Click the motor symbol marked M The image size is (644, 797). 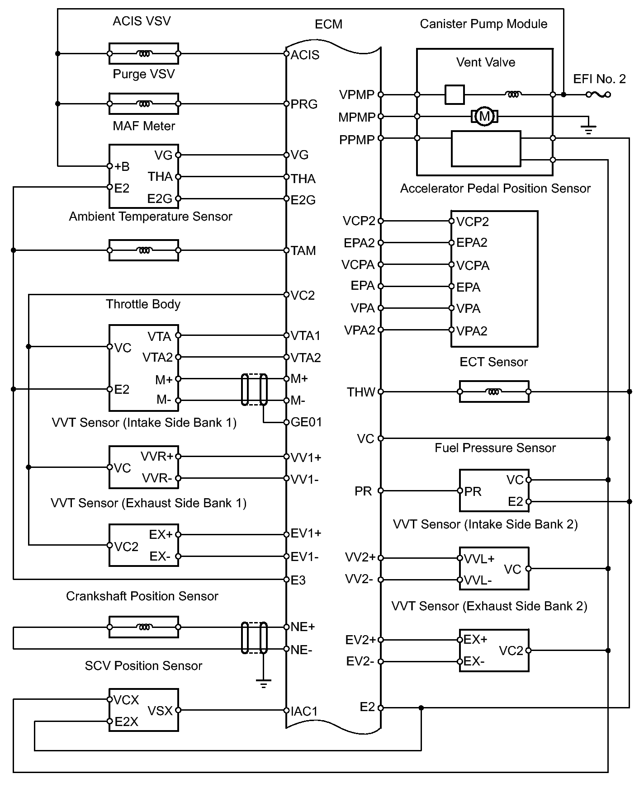(x=484, y=117)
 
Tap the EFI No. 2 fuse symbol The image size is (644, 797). (x=598, y=94)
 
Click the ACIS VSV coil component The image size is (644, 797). (x=144, y=54)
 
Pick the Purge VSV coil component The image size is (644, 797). (x=144, y=104)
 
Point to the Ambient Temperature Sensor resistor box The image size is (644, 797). (x=144, y=250)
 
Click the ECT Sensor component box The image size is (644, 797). (x=494, y=392)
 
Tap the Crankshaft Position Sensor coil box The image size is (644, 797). (x=144, y=627)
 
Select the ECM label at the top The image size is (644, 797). (x=328, y=24)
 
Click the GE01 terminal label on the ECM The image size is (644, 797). (x=306, y=422)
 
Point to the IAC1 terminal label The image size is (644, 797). (x=304, y=711)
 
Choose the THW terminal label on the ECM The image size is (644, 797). (x=361, y=392)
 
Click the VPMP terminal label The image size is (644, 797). (x=357, y=95)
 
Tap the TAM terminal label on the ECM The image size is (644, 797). (x=303, y=251)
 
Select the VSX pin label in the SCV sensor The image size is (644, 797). (x=160, y=711)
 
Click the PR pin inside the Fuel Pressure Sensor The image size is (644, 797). (x=473, y=491)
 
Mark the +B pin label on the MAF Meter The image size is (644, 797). (x=122, y=166)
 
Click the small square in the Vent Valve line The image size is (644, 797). (x=454, y=94)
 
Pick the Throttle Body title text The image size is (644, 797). (x=143, y=304)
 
